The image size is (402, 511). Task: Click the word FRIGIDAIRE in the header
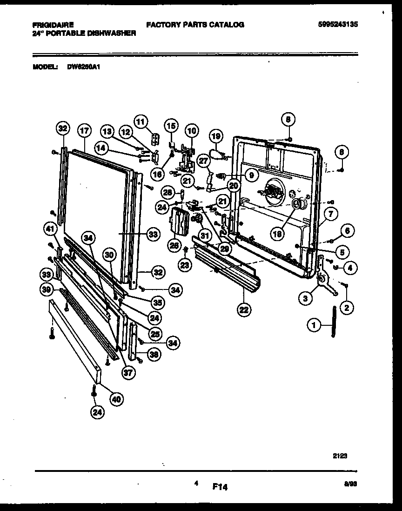[53, 25]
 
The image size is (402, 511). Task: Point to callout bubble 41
[51, 228]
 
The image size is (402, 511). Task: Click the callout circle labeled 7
[331, 215]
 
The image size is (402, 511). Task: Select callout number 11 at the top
[140, 121]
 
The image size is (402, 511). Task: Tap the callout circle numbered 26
[174, 245]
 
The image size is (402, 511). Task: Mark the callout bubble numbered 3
[305, 298]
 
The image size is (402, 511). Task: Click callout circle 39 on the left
[46, 289]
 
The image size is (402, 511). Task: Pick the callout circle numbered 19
[215, 136]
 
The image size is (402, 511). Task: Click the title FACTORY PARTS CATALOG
[195, 25]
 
